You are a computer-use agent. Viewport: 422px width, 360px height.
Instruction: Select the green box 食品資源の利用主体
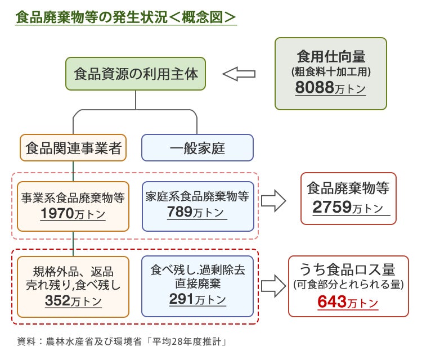[136, 73]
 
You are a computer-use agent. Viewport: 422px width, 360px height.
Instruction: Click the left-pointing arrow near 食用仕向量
[239, 73]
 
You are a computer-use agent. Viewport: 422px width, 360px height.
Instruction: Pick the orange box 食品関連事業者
[74, 148]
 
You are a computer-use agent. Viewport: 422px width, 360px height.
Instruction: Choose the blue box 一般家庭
[197, 148]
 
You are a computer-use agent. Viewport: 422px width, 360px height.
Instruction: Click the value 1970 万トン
[73, 214]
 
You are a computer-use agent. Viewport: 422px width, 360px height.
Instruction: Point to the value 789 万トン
[196, 212]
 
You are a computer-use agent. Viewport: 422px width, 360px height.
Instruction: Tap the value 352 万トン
[73, 301]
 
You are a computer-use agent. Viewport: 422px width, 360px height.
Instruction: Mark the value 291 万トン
[197, 299]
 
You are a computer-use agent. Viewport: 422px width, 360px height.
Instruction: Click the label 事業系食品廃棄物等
[73, 198]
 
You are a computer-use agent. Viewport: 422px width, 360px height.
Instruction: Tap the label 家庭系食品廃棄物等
[197, 196]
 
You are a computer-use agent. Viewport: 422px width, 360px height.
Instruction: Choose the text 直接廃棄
[197, 283]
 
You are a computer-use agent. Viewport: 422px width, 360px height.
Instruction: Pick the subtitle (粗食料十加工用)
[330, 72]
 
